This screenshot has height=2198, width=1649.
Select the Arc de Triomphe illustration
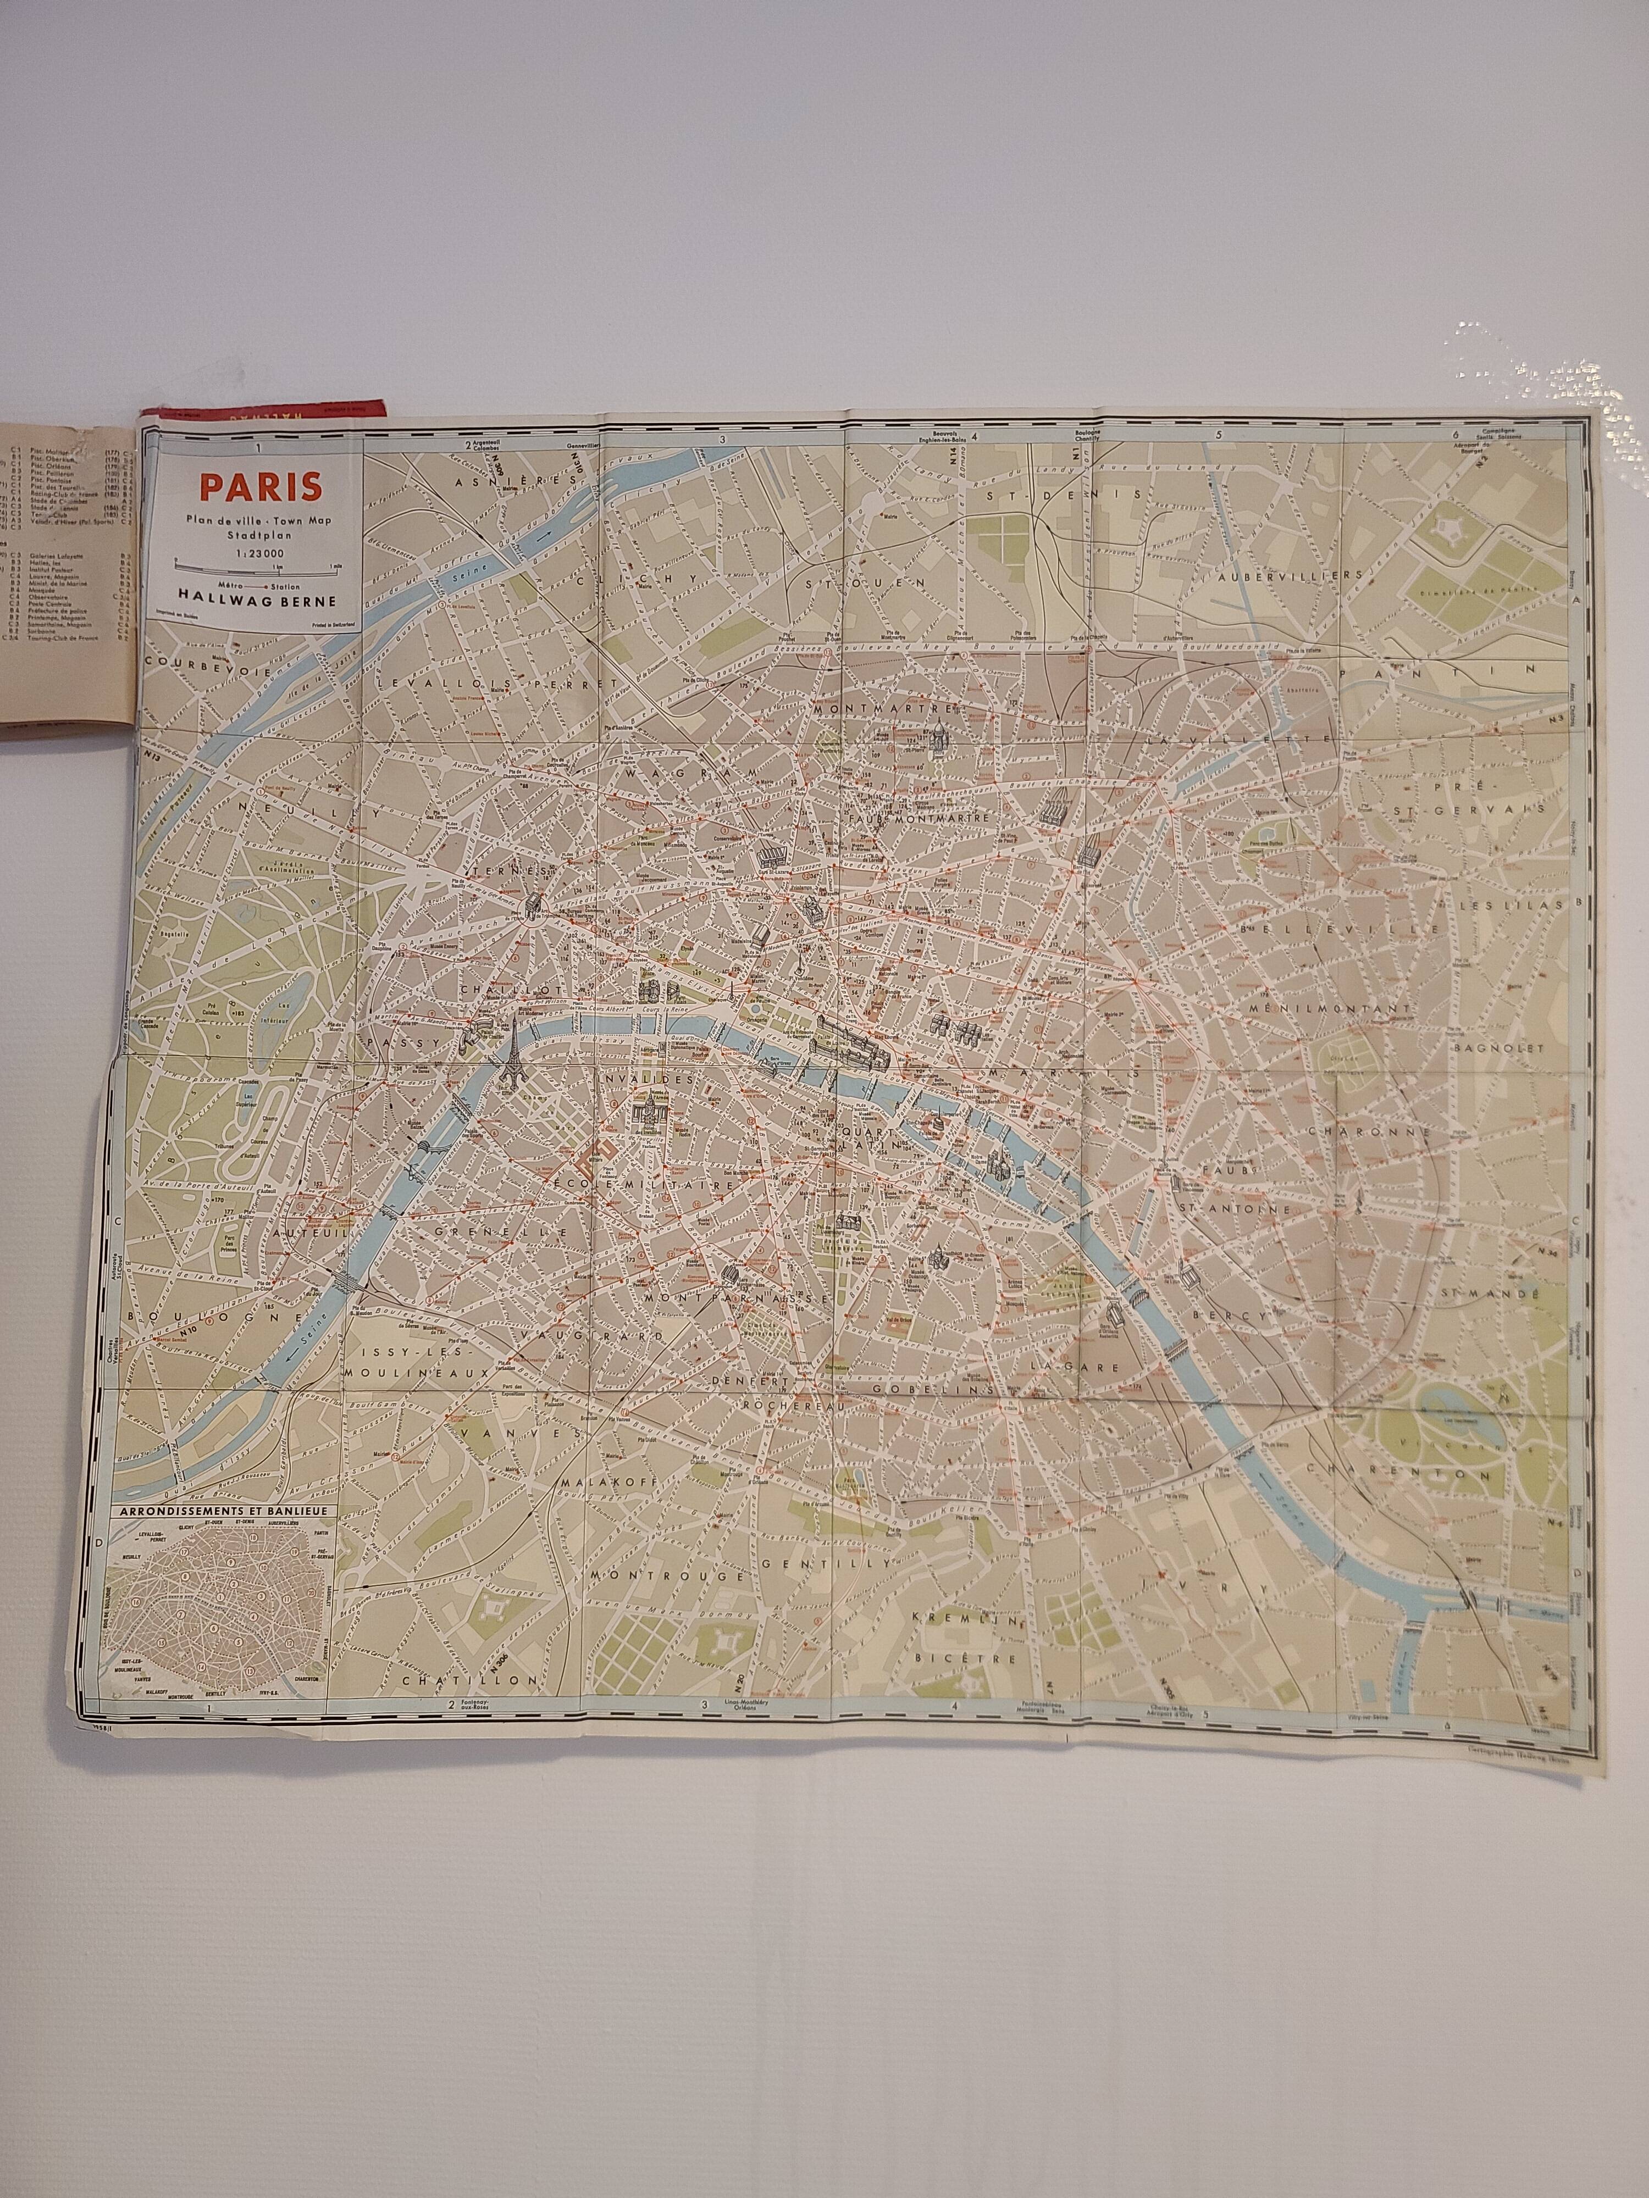point(534,905)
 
